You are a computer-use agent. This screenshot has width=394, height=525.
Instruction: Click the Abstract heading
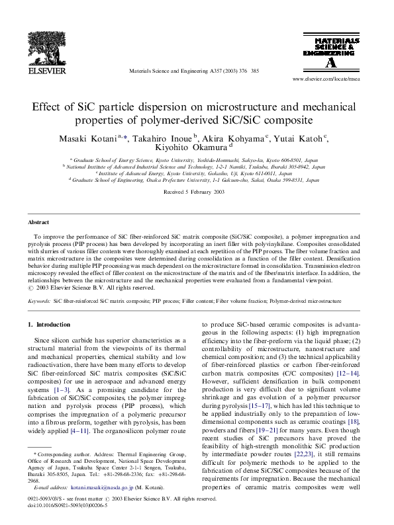click(x=38, y=223)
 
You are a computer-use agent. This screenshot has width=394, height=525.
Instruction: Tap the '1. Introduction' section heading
click(x=49, y=325)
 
